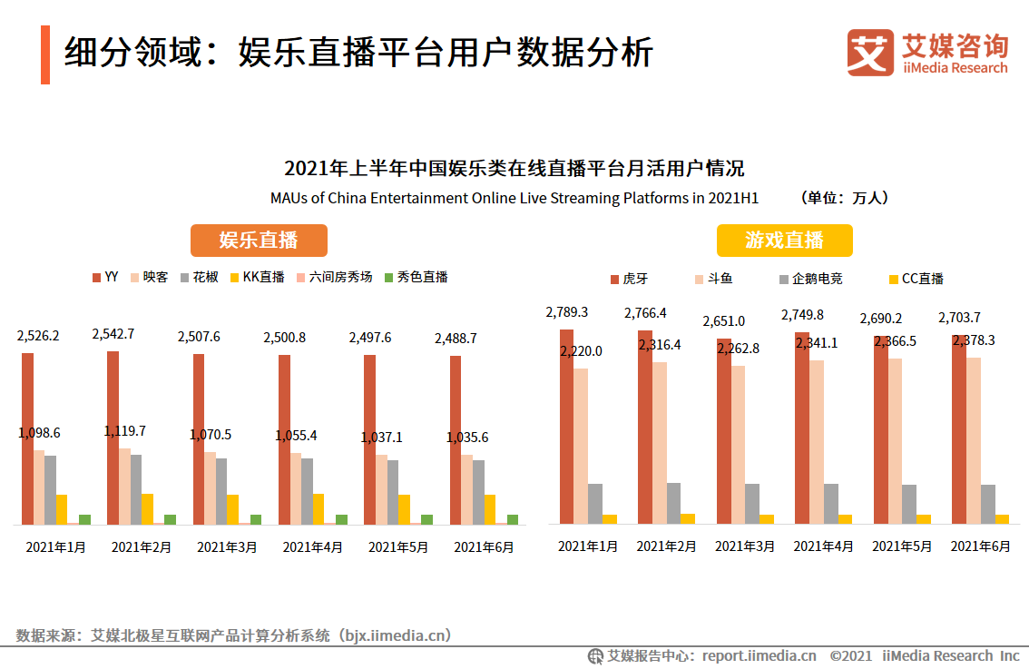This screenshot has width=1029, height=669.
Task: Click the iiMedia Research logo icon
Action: coord(869,53)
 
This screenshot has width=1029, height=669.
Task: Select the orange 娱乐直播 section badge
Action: coord(259,241)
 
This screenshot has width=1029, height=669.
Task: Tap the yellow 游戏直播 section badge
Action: coord(784,241)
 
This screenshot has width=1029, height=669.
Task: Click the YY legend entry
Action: coord(105,277)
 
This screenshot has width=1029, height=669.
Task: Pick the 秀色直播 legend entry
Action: coord(416,277)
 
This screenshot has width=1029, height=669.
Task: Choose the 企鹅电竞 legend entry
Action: coord(809,279)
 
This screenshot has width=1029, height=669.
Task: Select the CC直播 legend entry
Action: coord(916,279)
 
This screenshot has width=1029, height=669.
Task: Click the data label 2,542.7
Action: coord(113,334)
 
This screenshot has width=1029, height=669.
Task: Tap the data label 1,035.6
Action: coord(467,438)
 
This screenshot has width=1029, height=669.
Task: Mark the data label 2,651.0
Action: coord(723,321)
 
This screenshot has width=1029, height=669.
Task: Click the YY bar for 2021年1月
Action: coord(27,438)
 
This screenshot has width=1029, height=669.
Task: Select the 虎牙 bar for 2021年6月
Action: coord(958,429)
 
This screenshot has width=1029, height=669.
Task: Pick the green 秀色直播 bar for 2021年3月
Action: coord(256,519)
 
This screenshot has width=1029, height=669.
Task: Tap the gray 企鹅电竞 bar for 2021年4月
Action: coord(830,504)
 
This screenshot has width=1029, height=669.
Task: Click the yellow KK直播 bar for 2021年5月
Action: coord(404,509)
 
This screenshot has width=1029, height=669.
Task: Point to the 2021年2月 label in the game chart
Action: coord(666,546)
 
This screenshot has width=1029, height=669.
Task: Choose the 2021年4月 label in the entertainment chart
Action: coord(312,547)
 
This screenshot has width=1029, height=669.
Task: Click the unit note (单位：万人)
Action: coord(845,198)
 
